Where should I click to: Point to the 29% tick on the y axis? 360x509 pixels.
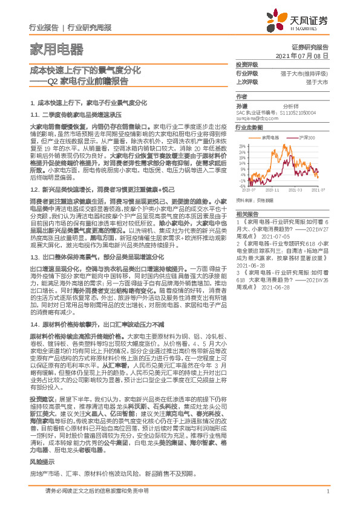pos(242,146)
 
